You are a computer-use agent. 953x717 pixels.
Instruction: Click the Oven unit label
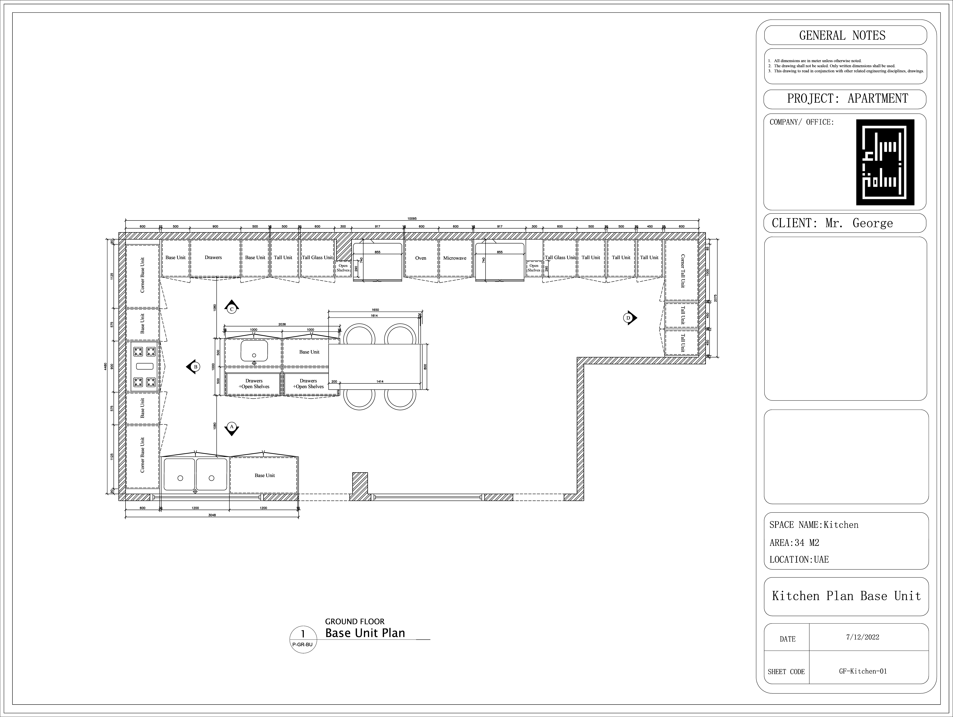[x=420, y=258]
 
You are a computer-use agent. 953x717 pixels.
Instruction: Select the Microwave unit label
[x=455, y=258]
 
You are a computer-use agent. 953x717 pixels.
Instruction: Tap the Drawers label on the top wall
[x=213, y=257]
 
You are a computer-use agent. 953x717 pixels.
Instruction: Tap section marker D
[x=628, y=318]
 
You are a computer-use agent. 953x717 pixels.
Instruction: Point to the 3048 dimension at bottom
[x=212, y=515]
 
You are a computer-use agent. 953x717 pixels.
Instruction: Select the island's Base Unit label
[x=309, y=352]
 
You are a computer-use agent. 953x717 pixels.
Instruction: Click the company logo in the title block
[x=885, y=162]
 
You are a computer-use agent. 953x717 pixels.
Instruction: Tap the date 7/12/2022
[x=863, y=637]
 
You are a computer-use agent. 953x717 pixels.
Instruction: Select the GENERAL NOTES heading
[x=842, y=35]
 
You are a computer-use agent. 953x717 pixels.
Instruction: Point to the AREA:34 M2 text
[x=794, y=542]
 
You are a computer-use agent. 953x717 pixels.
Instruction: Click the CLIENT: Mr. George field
[x=832, y=223]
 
